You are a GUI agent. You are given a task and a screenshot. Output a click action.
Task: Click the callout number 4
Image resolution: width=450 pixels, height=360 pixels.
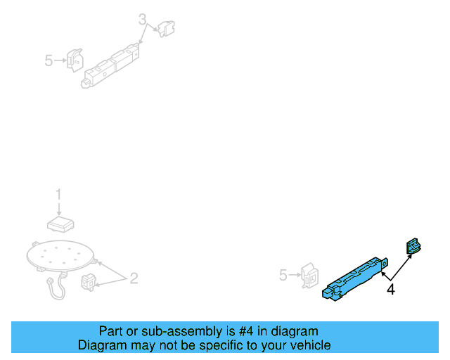click(390, 289)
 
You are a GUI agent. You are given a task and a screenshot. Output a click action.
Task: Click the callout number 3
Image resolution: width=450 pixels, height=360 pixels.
click(143, 20)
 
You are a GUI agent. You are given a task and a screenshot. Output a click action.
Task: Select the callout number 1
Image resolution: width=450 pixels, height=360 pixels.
click(59, 194)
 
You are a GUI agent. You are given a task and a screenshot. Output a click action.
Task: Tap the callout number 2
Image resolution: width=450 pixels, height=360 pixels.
click(133, 278)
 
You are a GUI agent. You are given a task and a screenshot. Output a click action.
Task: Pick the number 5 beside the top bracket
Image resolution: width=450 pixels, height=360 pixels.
click(49, 60)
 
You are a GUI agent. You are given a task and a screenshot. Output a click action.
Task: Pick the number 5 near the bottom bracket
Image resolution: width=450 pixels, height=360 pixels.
click(283, 275)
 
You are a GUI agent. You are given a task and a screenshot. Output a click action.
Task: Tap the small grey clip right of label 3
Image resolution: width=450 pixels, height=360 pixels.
click(167, 28)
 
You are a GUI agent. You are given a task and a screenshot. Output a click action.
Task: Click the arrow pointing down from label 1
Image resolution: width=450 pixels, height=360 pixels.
click(59, 208)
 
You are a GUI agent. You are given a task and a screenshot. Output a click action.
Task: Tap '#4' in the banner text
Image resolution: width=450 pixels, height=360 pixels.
click(236, 331)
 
